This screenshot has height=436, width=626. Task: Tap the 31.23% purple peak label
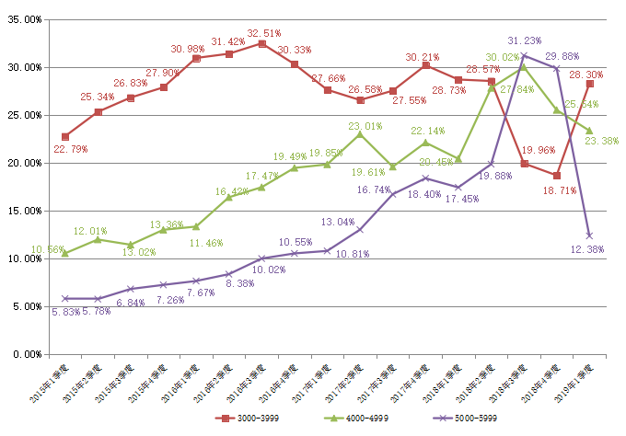[526, 40]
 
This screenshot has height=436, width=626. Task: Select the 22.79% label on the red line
[71, 149]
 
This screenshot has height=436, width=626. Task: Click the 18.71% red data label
[562, 189]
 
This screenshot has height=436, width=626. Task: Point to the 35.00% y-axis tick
[24, 19]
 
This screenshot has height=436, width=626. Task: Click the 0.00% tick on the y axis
[27, 354]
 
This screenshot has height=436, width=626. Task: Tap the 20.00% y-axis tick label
[24, 163]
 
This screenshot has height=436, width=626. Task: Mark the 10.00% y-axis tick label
[24, 258]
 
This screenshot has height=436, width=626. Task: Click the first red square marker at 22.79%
[65, 136]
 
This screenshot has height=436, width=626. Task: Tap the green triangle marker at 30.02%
[524, 66]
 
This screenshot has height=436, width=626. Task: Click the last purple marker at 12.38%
[589, 235]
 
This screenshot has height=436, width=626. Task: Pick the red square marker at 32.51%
[261, 43]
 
